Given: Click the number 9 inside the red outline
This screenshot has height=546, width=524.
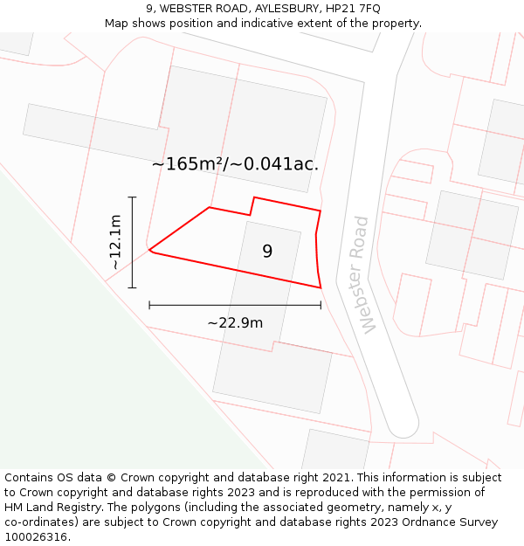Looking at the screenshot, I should click(267, 252).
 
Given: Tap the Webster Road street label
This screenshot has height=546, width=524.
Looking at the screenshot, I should click(364, 274).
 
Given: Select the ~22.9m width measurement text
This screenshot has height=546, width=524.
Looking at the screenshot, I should click(235, 323).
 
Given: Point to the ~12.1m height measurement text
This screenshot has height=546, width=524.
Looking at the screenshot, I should click(114, 242).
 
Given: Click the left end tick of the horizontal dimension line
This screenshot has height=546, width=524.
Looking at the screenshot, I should click(149, 305).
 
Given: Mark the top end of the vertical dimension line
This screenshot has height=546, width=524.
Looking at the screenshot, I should click(132, 197).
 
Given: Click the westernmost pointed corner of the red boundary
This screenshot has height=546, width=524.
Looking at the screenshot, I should click(149, 250).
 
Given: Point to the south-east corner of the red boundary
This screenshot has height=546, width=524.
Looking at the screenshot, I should click(321, 287).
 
